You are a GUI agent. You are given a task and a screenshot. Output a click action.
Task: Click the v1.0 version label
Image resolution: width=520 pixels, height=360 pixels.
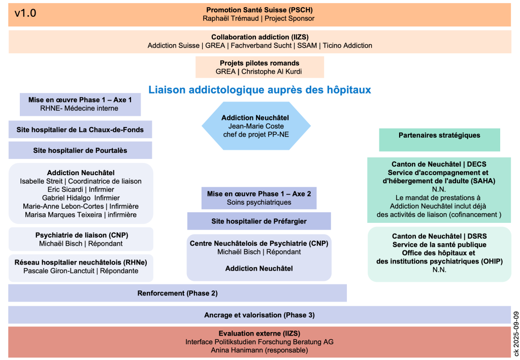pyautogui.click(x=25, y=14)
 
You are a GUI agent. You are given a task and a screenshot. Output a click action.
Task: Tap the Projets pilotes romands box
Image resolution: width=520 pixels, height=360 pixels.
pyautogui.click(x=259, y=67)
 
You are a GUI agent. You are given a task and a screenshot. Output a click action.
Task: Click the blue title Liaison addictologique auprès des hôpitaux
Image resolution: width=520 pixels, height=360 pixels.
pyautogui.click(x=259, y=90)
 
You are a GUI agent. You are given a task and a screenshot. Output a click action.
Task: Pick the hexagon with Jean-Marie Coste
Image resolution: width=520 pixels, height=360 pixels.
pyautogui.click(x=256, y=126)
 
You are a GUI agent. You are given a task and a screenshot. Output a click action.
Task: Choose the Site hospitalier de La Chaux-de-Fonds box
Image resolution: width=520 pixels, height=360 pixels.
pyautogui.click(x=80, y=129)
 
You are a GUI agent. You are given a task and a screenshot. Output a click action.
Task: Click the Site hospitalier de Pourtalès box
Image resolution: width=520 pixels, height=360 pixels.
pyautogui.click(x=80, y=150)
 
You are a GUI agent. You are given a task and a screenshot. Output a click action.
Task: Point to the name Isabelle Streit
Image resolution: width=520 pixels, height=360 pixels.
pyautogui.click(x=43, y=181)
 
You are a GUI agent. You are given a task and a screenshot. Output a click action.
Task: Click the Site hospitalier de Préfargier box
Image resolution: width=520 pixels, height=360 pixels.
pyautogui.click(x=259, y=221)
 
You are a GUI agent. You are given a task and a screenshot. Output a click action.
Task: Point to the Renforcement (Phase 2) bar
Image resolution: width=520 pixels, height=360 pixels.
pyautogui.click(x=177, y=293)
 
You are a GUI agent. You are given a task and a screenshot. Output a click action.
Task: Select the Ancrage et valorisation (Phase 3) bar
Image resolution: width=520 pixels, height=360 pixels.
pyautogui.click(x=259, y=315)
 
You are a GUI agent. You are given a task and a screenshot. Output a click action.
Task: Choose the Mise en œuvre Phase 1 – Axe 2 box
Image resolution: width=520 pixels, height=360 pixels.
pyautogui.click(x=259, y=198)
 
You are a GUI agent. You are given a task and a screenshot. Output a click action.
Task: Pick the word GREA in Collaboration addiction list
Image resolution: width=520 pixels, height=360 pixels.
pyautogui.click(x=215, y=45)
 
